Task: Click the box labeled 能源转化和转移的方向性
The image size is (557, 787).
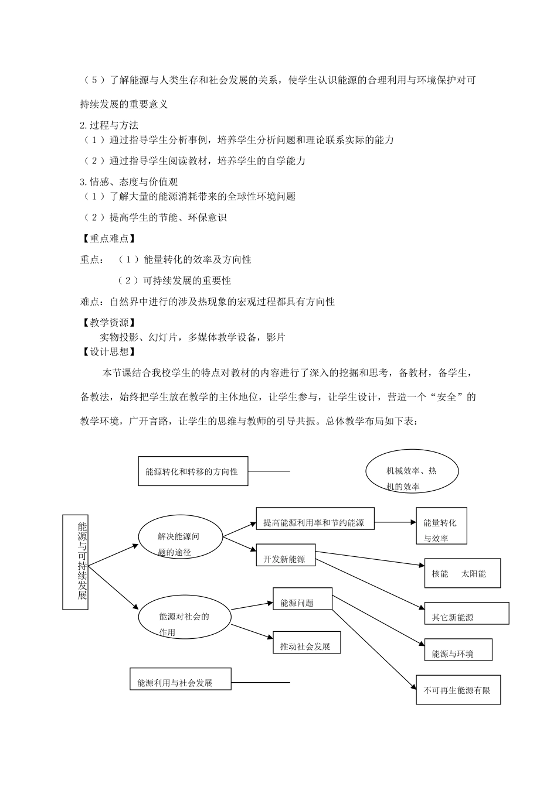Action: point(192,471)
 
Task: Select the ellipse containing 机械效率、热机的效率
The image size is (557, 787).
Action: point(412,471)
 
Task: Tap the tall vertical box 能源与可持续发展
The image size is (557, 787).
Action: point(76,561)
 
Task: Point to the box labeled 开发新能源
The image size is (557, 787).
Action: point(286,556)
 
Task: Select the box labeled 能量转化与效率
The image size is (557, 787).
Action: point(440,525)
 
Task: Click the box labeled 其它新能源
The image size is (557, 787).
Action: point(466,613)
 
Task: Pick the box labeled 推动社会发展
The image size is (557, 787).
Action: point(306,643)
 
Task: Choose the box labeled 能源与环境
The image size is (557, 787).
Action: point(458,651)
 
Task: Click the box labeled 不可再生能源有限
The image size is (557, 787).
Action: point(458,690)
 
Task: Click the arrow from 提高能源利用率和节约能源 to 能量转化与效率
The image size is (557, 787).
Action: point(394,522)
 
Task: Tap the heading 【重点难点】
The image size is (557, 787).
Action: point(108,238)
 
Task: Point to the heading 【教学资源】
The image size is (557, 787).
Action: point(108,323)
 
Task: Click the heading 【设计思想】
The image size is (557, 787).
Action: point(108,351)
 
